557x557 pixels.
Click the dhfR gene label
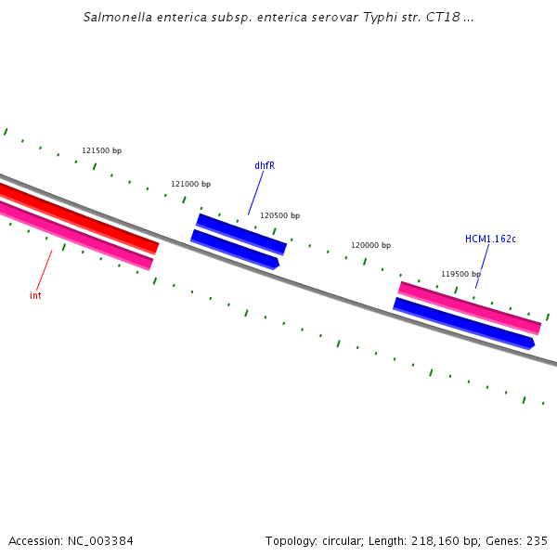coord(265,165)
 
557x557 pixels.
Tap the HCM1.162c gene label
coord(490,239)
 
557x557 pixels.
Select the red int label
coord(35,295)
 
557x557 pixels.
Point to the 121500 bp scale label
coord(101,150)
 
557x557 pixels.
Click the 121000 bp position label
coord(190,184)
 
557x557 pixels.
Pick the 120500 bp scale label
coord(279,215)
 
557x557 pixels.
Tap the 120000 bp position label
coord(370,245)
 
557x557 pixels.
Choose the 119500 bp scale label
coord(460,274)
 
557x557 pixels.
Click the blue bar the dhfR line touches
coord(241,233)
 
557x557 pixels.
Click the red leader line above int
coord(44,270)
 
